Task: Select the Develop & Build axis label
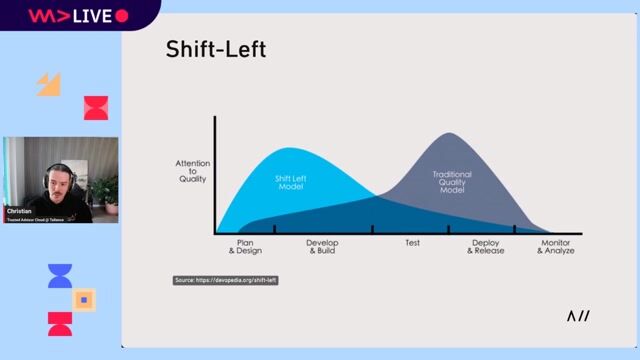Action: pyautogui.click(x=322, y=246)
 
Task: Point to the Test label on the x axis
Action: pyautogui.click(x=412, y=243)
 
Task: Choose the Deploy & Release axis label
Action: pyautogui.click(x=486, y=246)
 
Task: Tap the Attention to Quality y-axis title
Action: pyautogui.click(x=191, y=171)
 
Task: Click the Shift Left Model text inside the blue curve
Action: pyautogui.click(x=291, y=181)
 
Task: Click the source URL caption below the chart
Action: pyautogui.click(x=225, y=280)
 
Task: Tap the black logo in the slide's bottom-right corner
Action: pyautogui.click(x=578, y=316)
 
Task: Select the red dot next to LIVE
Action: pyautogui.click(x=122, y=16)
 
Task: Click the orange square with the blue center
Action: pyautogui.click(x=85, y=299)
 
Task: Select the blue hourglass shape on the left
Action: pyautogui.click(x=60, y=276)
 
